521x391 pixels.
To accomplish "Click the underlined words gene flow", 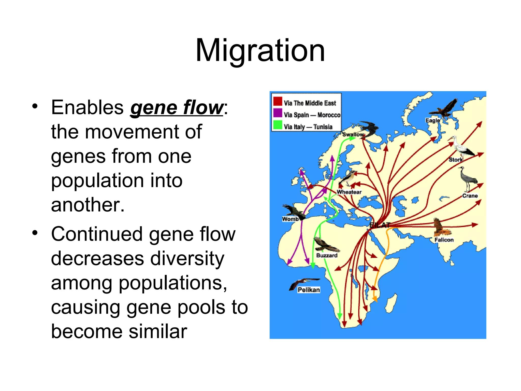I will point(177,108).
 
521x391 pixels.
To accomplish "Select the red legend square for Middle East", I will point(278,101).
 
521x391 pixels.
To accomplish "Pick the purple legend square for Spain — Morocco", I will point(278,113).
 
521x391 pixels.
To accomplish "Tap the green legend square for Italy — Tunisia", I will point(278,125).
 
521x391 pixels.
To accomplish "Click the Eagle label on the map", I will point(432,120).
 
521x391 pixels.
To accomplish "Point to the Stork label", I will point(455,160).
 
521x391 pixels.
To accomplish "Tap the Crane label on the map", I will point(470,196).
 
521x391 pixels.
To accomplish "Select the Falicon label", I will point(444,240).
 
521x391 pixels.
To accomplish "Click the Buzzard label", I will point(327,255).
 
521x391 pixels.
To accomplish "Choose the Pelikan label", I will point(309,290).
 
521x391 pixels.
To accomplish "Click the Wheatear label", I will point(349,192).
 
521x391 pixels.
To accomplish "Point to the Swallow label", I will point(353,134).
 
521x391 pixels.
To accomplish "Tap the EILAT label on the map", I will point(380,225).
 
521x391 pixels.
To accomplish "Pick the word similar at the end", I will point(158,332).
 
